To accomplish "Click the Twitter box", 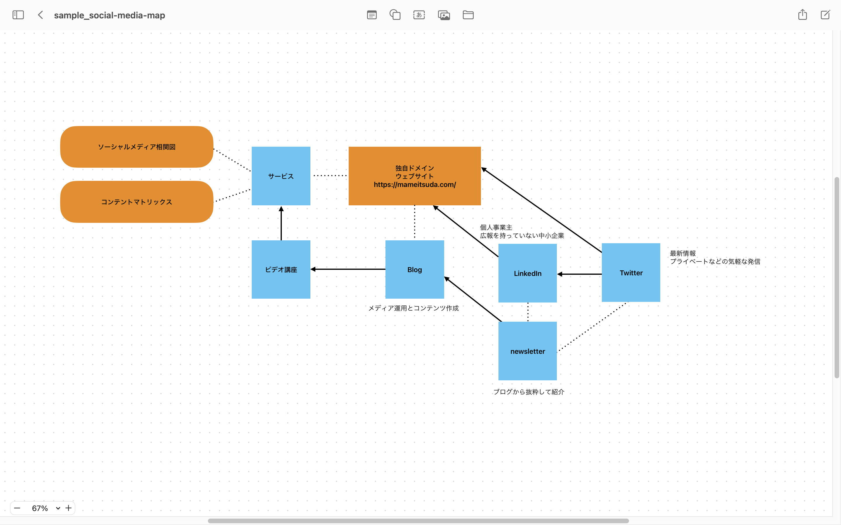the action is click(631, 273).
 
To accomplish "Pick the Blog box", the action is click(415, 269).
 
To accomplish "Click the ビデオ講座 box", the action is click(281, 269).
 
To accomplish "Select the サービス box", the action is click(281, 176).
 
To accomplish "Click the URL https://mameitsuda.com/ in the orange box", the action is click(415, 184).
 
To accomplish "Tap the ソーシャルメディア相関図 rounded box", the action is click(137, 147).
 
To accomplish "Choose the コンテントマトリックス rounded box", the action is click(137, 202).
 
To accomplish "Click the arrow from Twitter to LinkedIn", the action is click(579, 274).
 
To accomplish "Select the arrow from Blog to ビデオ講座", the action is click(348, 269).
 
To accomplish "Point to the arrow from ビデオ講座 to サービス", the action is click(281, 223).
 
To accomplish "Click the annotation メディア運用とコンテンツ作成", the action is click(413, 308).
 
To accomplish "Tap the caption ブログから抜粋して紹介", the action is click(529, 392).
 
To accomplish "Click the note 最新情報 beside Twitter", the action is click(683, 253).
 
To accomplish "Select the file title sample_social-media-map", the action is click(110, 15).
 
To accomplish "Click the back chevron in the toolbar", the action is click(40, 15).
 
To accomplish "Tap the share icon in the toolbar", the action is click(802, 15).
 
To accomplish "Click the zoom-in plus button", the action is click(68, 508).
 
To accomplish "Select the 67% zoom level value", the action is click(40, 508).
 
